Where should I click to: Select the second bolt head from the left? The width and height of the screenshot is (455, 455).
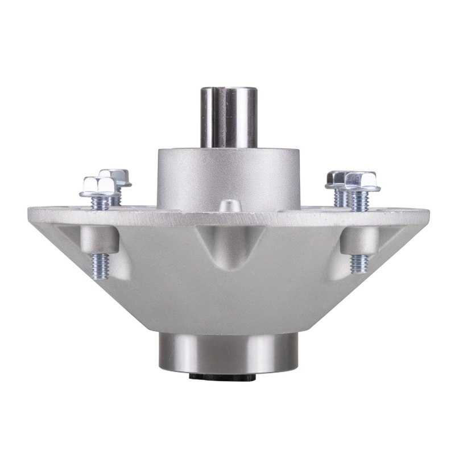coord(115,177)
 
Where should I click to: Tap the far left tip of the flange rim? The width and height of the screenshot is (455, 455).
coord(30,215)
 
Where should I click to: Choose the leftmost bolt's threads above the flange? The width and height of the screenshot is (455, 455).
coord(100,202)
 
